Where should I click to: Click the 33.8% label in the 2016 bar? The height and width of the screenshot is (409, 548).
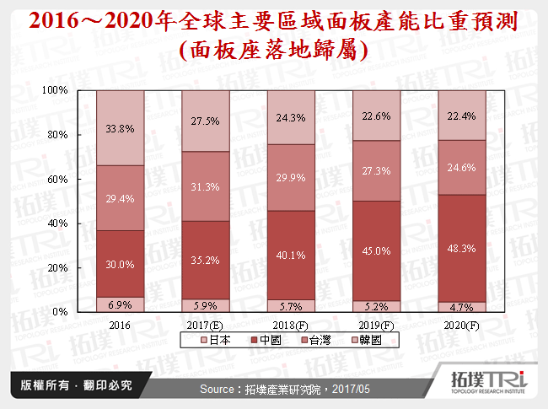coord(121,129)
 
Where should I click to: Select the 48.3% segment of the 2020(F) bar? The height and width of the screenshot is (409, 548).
coord(462,250)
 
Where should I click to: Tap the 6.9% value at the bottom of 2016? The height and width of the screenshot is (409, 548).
coord(121,303)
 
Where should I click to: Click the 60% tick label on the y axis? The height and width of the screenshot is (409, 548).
coord(57,179)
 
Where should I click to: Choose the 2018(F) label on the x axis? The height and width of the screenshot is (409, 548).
coord(291,324)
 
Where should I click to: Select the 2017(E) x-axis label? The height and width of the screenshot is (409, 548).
coord(206,324)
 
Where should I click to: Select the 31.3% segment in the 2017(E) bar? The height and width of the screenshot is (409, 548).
coord(206,186)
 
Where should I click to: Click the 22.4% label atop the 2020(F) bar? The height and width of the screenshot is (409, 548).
coord(462,116)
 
